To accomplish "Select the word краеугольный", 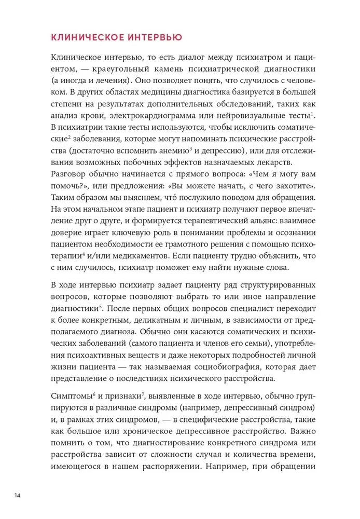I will (117, 69).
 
